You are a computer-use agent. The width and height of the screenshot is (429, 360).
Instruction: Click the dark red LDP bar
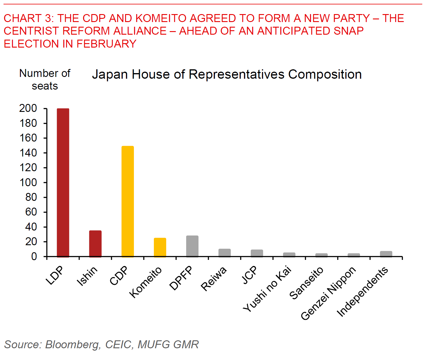coord(63,182)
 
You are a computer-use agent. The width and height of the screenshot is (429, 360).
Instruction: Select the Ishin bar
coord(95,243)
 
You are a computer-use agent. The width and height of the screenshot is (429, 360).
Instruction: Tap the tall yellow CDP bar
coord(127,201)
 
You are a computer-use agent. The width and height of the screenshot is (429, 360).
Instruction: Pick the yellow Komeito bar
coord(160,247)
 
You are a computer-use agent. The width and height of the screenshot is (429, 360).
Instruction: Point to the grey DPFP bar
coord(192,246)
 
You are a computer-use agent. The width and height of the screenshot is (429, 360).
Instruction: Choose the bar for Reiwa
coord(224,253)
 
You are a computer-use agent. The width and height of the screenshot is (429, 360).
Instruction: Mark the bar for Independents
coord(386,254)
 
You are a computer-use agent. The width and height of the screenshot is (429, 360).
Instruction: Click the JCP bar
coord(257,253)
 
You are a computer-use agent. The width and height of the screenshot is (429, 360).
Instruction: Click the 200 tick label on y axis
coord(28,108)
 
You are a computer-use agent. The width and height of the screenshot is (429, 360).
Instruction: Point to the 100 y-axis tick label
coord(28,182)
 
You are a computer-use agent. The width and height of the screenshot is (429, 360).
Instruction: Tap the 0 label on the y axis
coord(34,256)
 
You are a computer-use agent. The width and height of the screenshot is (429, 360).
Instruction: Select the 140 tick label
coord(28,153)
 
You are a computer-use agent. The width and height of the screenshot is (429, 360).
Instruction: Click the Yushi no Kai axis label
coord(267,289)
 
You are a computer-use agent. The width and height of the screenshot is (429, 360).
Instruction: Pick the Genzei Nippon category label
coord(328,293)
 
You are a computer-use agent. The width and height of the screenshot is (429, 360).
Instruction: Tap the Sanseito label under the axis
coord(306,283)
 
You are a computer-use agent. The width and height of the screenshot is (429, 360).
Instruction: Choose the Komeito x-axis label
coord(145,282)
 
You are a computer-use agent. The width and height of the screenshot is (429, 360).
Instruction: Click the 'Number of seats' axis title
coord(45,80)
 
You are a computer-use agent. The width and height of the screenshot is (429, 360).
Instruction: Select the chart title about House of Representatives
coord(227,74)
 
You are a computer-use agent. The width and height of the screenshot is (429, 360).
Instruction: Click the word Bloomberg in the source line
coord(73,344)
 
